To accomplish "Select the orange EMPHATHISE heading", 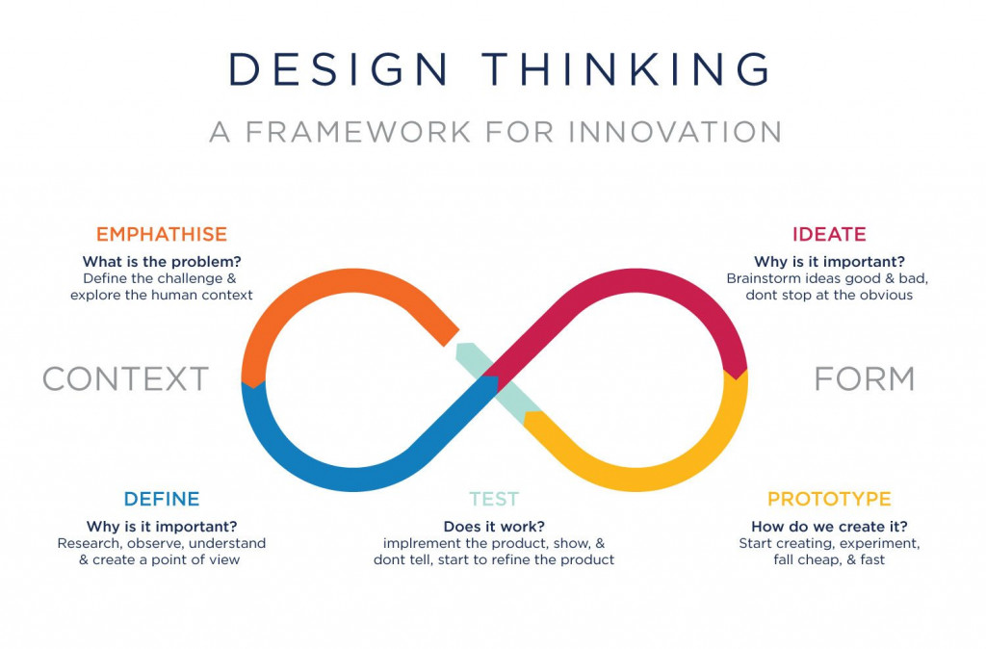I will coord(162,234).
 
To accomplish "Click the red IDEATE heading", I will coord(829,234).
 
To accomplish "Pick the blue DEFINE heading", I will coord(162,499).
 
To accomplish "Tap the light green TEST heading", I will coord(494,499).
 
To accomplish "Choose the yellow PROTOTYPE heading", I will coord(829,499).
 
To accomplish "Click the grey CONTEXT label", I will coord(126,378).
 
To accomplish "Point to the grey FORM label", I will coord(865,378).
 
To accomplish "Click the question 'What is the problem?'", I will coord(162,262).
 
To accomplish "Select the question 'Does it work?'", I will coord(494,527).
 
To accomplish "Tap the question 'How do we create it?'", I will coord(829,527).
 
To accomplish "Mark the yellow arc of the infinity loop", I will coord(674,462).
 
